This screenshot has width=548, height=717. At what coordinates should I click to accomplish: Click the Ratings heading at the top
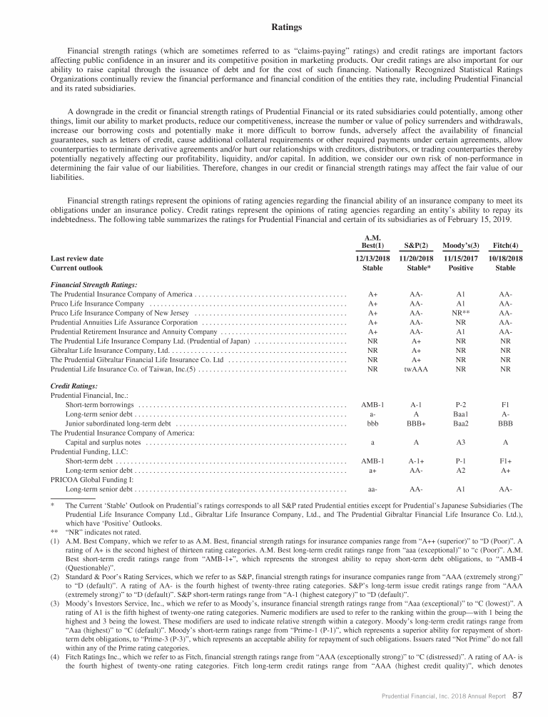(x=288, y=28)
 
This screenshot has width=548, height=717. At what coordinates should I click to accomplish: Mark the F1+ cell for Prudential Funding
(x=505, y=461)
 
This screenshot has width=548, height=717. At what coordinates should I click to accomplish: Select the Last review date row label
(x=76, y=259)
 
